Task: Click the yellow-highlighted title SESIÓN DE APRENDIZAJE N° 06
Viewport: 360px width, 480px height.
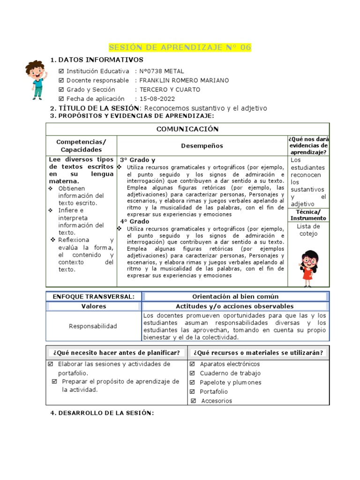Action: point(180,48)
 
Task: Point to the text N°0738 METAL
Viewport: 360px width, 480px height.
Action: point(162,71)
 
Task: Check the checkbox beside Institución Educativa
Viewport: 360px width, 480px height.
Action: point(61,71)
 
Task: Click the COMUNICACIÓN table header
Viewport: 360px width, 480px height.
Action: point(187,129)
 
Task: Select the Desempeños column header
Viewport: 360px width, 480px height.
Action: point(202,146)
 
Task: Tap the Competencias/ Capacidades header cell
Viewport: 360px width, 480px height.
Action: point(81,146)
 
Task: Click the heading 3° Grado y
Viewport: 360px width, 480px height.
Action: point(137,160)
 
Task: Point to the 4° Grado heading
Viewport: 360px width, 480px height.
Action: point(135,221)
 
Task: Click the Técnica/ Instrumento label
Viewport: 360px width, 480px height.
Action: point(308,215)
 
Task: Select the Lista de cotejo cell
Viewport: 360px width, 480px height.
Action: point(308,230)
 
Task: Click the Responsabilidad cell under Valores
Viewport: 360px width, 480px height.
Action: point(93,326)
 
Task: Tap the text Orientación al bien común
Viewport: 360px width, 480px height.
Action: point(235,296)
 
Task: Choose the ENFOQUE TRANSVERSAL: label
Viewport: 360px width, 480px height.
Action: point(93,296)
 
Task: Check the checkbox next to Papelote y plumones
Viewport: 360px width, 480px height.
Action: point(193,382)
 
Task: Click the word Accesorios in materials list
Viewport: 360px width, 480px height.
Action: point(216,401)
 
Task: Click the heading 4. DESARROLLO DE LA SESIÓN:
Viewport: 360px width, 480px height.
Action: point(102,413)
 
